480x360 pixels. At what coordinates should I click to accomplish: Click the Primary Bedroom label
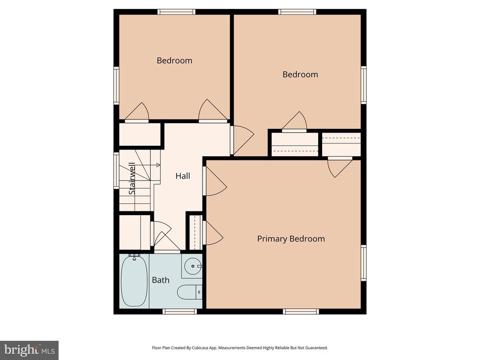click(291, 239)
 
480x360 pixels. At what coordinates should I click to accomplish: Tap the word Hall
click(183, 176)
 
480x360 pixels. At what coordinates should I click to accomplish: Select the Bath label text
click(161, 280)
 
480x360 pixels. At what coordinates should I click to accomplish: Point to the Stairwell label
click(132, 179)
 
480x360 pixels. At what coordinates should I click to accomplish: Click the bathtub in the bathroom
click(134, 281)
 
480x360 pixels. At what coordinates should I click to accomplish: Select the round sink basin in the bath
click(193, 266)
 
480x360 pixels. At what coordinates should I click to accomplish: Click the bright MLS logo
click(29, 350)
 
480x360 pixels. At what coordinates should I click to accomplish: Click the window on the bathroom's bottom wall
click(180, 311)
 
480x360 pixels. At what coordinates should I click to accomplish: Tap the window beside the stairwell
click(116, 171)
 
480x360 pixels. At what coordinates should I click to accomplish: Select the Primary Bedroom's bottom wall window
click(301, 311)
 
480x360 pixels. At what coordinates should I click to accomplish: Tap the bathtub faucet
click(134, 256)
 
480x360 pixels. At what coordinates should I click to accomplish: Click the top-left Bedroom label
click(174, 60)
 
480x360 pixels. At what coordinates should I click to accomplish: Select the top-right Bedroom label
click(300, 75)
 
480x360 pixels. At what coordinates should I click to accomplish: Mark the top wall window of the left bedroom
click(177, 12)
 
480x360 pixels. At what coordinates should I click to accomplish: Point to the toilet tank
click(199, 292)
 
